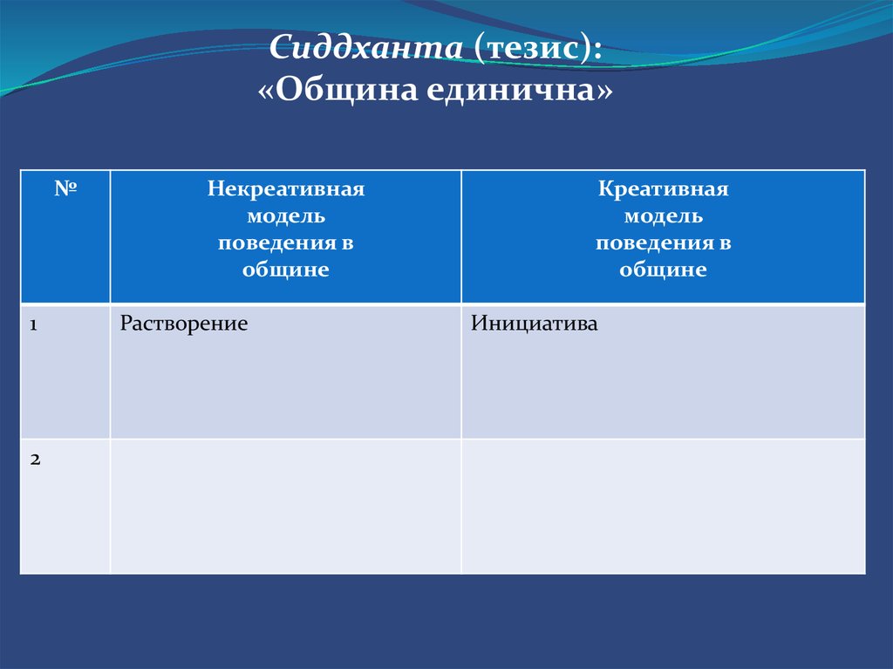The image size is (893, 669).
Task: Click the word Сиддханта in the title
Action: point(365,46)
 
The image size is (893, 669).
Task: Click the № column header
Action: point(65,188)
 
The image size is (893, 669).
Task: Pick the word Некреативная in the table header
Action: point(286,188)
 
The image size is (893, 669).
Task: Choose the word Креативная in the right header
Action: point(663,188)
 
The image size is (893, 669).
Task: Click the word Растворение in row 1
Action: point(184,324)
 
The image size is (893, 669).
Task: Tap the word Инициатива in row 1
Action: point(535,324)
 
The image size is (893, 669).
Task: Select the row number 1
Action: point(34,324)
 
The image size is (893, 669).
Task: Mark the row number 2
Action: point(35,460)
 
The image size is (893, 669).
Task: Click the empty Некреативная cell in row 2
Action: point(286,506)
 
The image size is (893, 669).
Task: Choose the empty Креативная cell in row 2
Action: point(663,506)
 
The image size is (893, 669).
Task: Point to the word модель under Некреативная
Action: point(286,216)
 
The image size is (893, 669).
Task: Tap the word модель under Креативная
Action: point(664,216)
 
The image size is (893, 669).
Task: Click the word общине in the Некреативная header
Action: point(286,270)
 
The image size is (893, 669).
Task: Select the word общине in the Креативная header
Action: point(664,270)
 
